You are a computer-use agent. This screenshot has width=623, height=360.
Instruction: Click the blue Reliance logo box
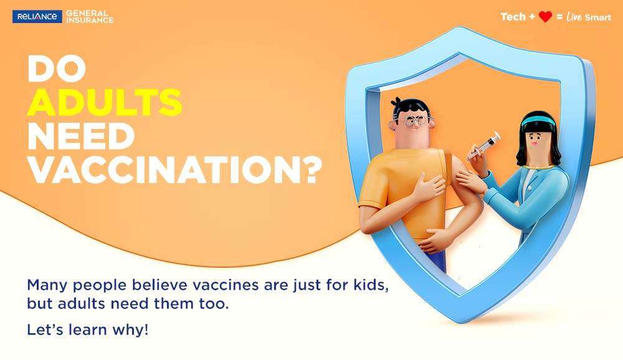[37, 17]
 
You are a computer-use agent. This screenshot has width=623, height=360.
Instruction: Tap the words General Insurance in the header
[89, 17]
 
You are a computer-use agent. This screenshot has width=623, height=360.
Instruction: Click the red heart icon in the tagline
[545, 17]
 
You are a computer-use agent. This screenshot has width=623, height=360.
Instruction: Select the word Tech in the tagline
[513, 17]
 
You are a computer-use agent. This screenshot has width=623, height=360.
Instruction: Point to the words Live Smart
[589, 17]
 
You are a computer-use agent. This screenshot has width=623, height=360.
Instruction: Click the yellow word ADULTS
[105, 102]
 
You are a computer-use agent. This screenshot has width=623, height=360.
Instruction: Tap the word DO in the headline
[57, 69]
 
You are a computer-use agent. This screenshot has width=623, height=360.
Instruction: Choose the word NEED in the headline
[81, 136]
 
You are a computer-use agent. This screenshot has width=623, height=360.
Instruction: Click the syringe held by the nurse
[484, 146]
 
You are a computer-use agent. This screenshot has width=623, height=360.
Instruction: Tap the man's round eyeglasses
[412, 120]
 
